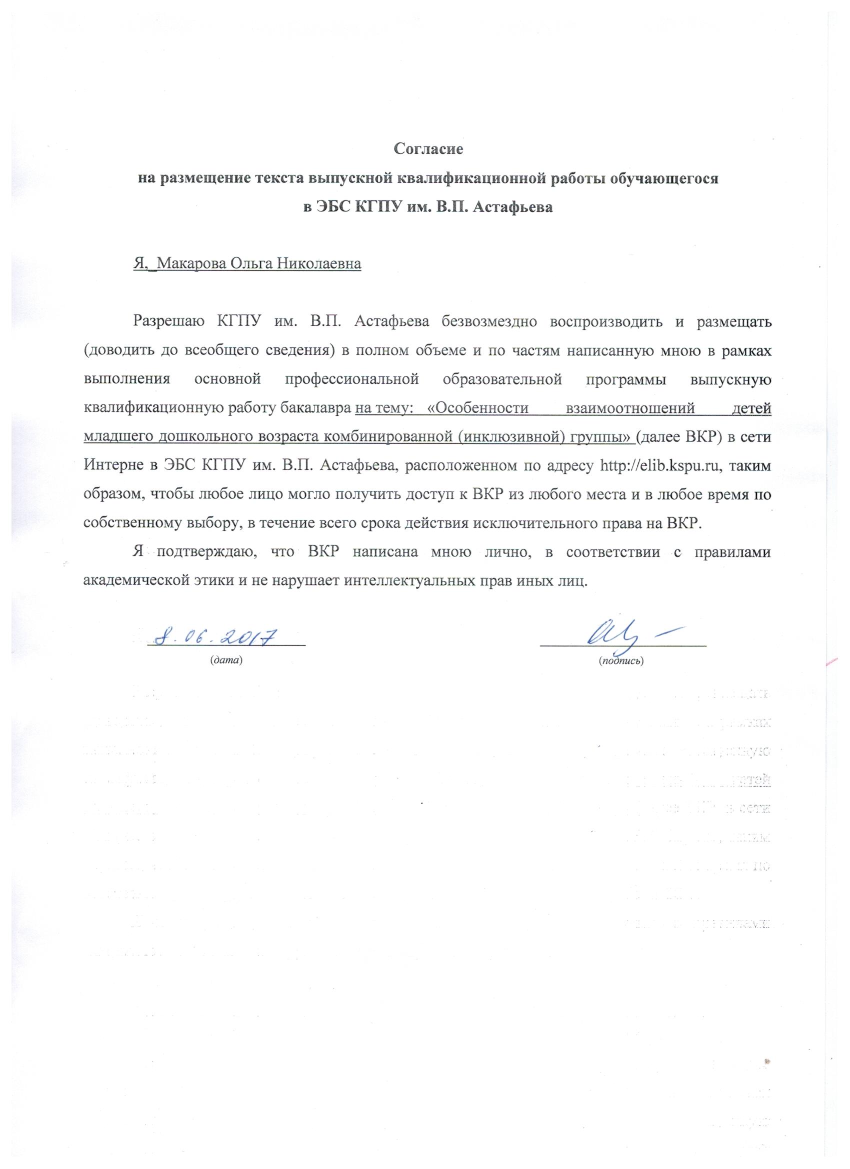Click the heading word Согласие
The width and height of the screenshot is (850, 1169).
pos(428,149)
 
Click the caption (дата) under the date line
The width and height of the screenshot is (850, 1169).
pos(225,660)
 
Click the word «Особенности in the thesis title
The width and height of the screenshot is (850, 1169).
pos(479,408)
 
